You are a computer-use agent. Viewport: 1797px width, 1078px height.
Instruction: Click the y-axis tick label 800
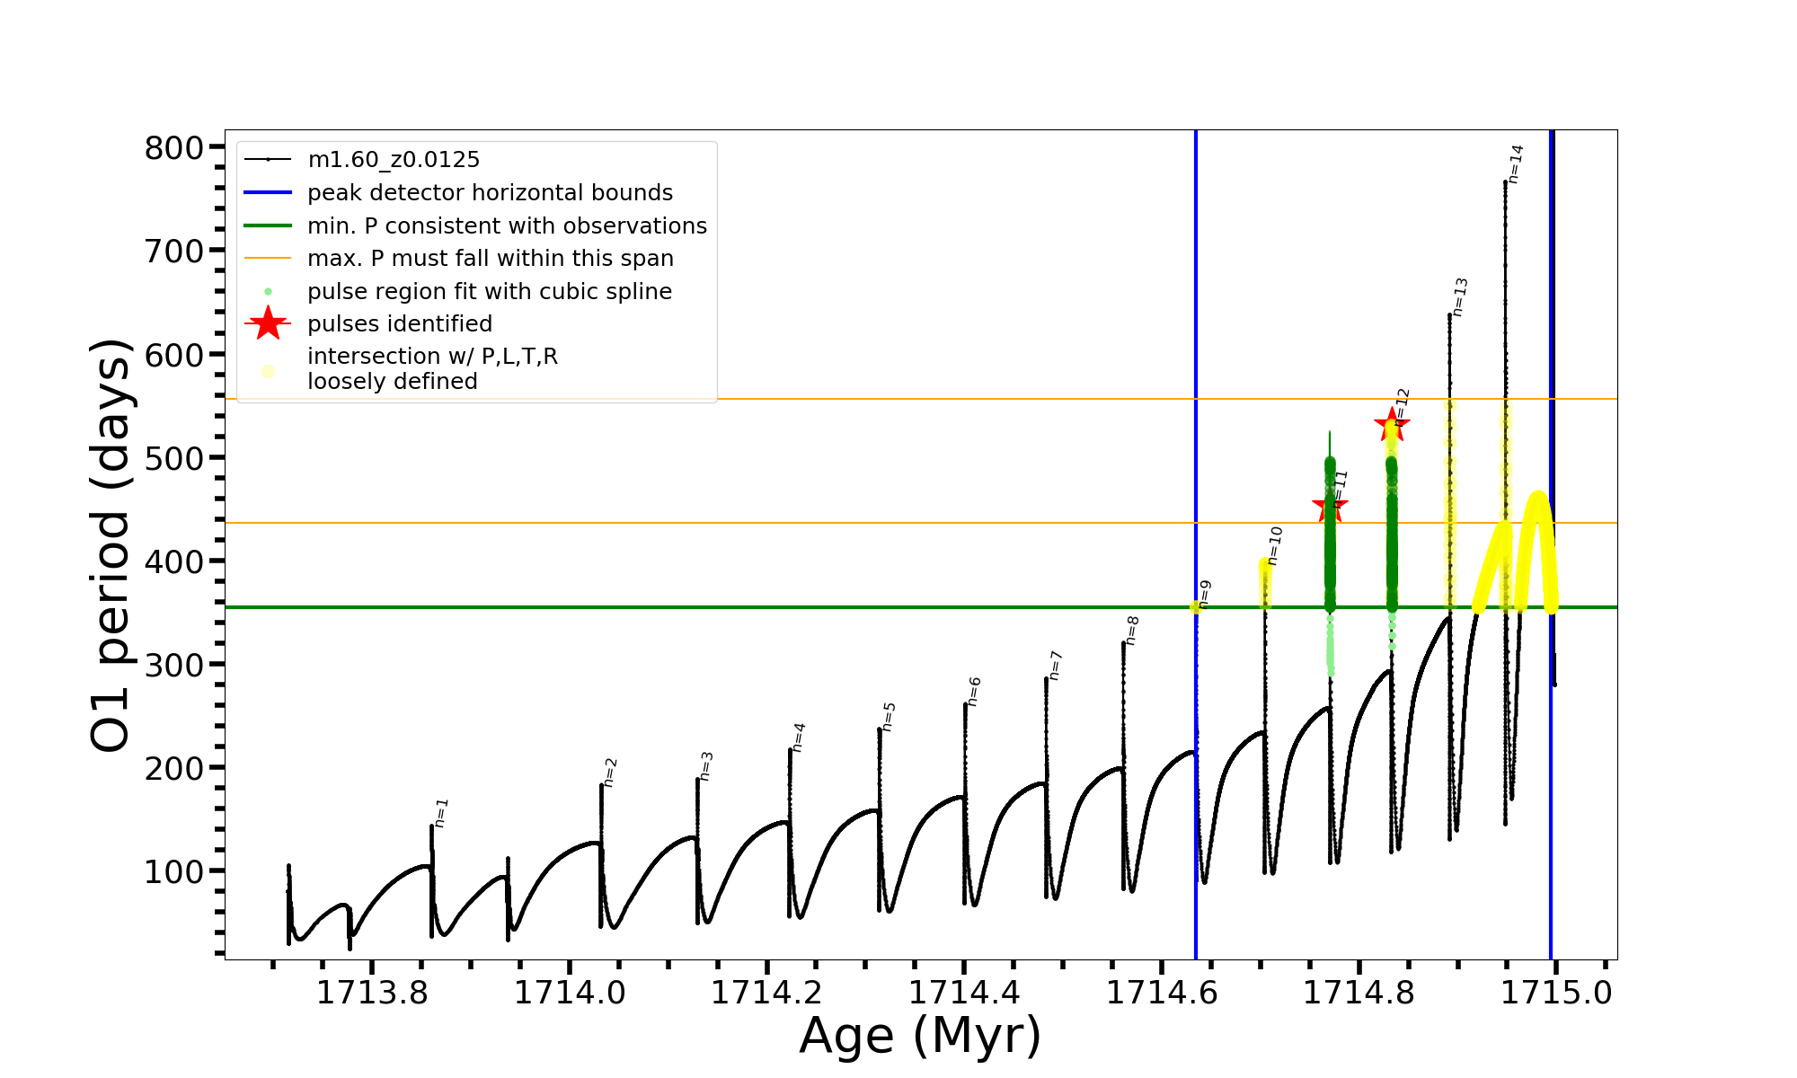pos(174,148)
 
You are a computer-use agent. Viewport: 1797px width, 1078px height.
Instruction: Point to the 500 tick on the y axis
pos(174,458)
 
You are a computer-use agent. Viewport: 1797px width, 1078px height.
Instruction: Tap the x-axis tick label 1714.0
pos(569,993)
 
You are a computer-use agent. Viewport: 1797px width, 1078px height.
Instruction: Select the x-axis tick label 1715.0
pos(1556,993)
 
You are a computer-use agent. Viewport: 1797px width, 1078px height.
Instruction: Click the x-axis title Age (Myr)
pos(920,1036)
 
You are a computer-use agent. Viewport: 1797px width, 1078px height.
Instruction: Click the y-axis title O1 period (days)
pos(111,545)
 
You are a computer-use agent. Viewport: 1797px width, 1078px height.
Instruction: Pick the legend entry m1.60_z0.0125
pos(394,160)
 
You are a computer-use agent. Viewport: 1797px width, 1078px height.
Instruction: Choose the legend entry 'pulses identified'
pos(400,323)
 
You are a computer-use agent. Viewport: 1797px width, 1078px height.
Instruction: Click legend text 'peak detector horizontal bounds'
pos(490,193)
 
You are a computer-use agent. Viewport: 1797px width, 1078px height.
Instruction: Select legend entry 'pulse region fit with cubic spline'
pos(490,292)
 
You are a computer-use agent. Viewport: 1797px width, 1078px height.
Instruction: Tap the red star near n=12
pos(1392,425)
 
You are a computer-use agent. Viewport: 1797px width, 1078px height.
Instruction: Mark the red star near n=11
pos(1330,508)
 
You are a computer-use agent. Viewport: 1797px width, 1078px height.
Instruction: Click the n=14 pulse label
pos(1516,164)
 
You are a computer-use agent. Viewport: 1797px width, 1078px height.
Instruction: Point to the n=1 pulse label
pos(441,813)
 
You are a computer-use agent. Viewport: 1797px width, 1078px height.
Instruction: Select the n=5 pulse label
pos(889,717)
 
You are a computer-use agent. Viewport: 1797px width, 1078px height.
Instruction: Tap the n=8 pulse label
pos(1132,631)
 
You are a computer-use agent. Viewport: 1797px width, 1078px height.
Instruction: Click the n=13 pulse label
pos(1460,297)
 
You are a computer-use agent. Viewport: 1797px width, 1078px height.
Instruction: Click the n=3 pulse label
pos(706,766)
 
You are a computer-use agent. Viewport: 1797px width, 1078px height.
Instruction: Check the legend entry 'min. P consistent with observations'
pos(507,225)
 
